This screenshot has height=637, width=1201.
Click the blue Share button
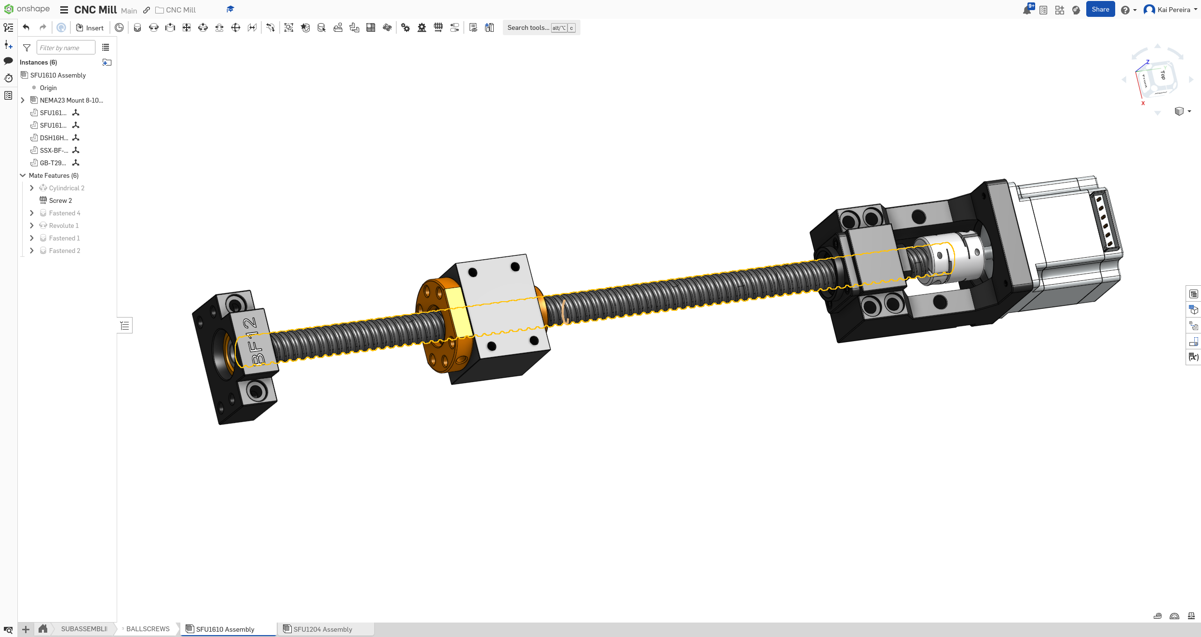coord(1100,10)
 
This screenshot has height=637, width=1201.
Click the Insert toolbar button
coord(90,28)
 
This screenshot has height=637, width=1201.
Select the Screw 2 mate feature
coord(60,200)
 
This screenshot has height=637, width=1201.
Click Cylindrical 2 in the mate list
coord(67,188)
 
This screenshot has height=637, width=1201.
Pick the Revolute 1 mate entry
coord(64,226)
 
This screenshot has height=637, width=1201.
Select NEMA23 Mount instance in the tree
coord(71,100)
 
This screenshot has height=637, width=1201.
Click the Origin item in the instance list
coord(48,88)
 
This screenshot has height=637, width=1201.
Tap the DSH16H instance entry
coord(54,138)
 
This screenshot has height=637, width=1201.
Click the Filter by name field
coord(66,48)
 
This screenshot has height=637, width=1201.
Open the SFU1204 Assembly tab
coord(322,629)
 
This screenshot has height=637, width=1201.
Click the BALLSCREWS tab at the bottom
coord(148,629)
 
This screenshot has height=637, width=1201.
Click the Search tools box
coord(528,28)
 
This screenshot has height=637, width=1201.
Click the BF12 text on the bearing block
coord(254,341)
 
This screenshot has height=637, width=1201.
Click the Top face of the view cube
coord(1162,75)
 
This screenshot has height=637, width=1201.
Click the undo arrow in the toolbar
coord(27,27)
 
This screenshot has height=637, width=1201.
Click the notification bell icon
coord(1026,10)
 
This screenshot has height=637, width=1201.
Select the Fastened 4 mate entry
coord(64,213)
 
